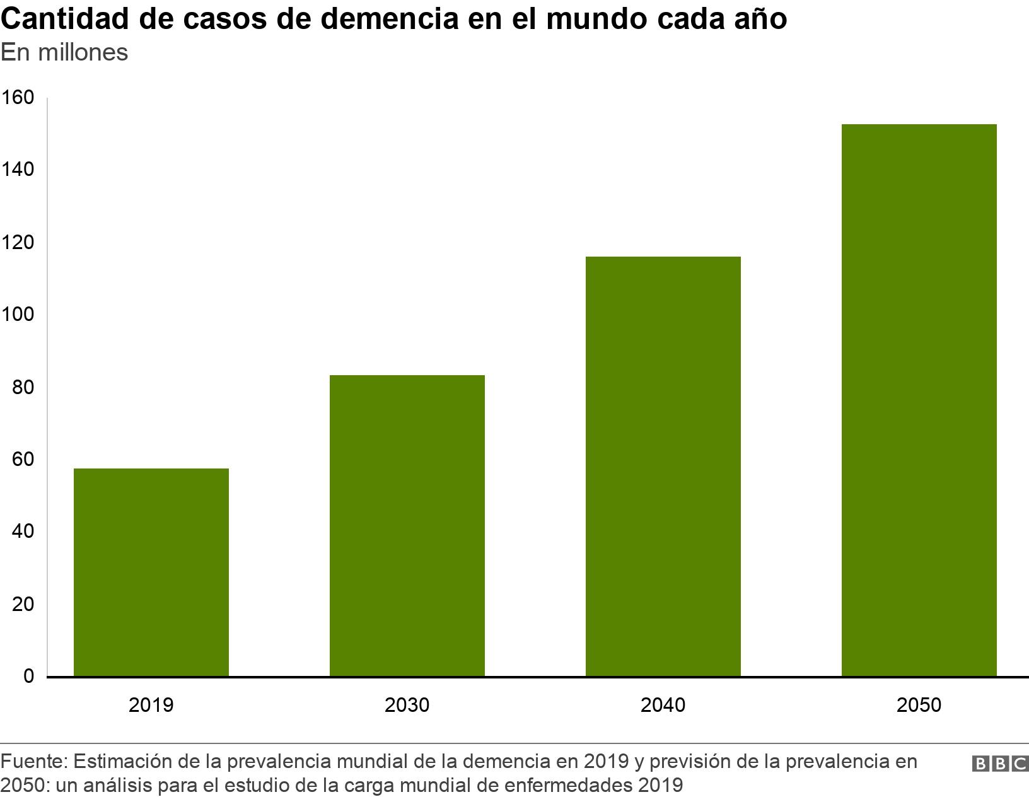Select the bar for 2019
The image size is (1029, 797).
151,572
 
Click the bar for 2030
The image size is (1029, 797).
407,525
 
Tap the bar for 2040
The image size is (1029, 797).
663,466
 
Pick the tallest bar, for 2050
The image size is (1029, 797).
919,400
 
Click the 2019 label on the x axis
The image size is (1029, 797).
151,704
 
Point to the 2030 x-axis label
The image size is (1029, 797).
407,704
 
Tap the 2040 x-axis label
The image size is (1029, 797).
663,704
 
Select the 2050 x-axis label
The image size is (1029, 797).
919,704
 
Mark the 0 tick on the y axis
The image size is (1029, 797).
28,676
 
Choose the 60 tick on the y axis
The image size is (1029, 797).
23,459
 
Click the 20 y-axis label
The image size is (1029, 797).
23,604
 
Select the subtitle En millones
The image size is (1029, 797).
64,52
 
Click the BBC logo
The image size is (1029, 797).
1000,764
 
